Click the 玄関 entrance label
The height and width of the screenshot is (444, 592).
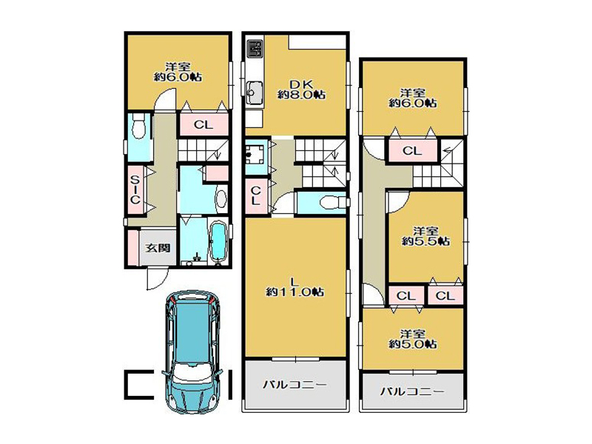(x=158, y=248)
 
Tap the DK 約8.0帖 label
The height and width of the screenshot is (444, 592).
(x=301, y=90)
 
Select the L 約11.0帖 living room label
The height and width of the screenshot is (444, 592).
(x=295, y=286)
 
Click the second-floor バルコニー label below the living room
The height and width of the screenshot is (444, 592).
(x=295, y=385)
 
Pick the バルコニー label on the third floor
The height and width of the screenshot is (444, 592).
(x=412, y=391)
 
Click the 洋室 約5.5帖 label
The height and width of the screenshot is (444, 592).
(x=425, y=236)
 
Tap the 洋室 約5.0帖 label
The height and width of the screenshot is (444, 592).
(x=413, y=339)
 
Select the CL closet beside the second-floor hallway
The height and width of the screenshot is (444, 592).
(x=256, y=195)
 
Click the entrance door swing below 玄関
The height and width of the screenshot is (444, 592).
(x=157, y=279)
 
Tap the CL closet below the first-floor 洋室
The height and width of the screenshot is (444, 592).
(x=203, y=124)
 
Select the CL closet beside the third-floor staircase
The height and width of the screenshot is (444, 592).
(x=412, y=151)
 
